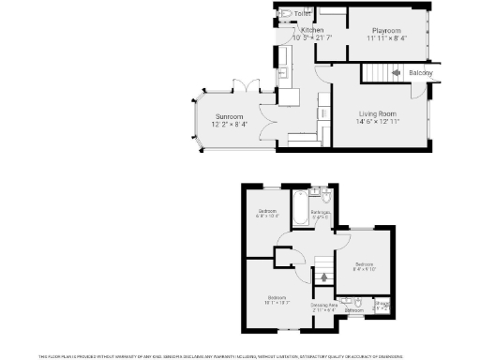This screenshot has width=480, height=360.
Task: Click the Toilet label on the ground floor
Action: click(x=302, y=14)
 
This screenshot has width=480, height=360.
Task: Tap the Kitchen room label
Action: click(x=312, y=30)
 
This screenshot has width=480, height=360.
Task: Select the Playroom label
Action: click(x=385, y=30)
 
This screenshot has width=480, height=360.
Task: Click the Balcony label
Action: click(x=421, y=73)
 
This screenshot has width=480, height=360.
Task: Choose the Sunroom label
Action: click(x=217, y=116)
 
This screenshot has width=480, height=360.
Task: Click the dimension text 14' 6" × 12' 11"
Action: click(x=380, y=121)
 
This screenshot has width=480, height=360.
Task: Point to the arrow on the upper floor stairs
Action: click(x=324, y=276)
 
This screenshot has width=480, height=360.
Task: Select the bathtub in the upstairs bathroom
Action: click(x=298, y=205)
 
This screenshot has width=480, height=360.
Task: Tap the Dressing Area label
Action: click(x=324, y=304)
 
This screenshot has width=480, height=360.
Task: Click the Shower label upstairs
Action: click(x=382, y=304)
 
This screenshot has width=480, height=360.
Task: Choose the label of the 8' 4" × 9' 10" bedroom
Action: click(x=364, y=264)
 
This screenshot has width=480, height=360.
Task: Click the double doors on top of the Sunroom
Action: click(x=245, y=87)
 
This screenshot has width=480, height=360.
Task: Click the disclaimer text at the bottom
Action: click(x=240, y=355)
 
